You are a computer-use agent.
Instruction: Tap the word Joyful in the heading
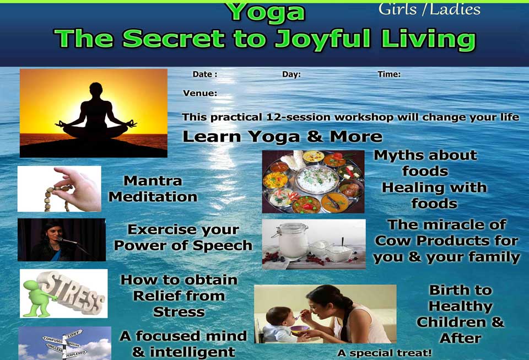tap(323, 40)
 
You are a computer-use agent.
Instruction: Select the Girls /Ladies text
tap(429, 10)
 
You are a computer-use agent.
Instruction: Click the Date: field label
tap(205, 74)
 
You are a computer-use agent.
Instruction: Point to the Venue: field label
tap(200, 93)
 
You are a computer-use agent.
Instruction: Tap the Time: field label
tap(389, 74)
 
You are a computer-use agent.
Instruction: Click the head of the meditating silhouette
tap(96, 90)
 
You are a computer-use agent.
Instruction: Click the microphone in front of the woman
tap(67, 241)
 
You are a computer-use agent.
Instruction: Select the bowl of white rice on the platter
tap(316, 180)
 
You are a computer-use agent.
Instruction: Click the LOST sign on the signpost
tap(73, 334)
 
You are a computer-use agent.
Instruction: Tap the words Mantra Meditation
tap(153, 189)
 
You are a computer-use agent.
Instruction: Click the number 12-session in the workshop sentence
tap(298, 117)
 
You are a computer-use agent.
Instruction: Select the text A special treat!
tap(384, 353)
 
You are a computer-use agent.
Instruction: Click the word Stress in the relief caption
tap(179, 312)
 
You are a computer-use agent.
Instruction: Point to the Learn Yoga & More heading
tap(282, 137)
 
